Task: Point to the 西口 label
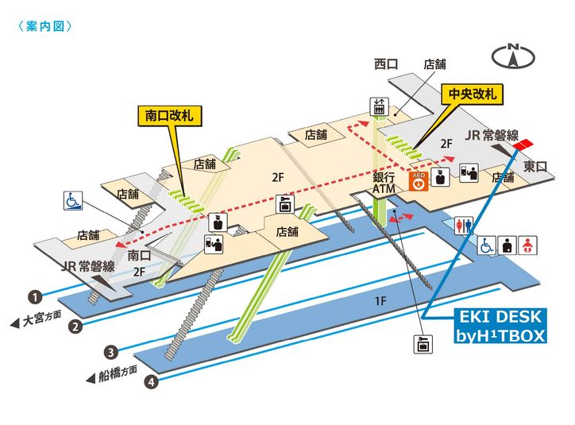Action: click(386, 64)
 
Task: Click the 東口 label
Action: click(536, 166)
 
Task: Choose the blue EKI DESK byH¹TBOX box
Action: click(501, 326)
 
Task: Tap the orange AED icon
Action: click(417, 181)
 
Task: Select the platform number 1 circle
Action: click(35, 298)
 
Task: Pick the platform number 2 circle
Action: click(75, 326)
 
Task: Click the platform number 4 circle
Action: click(151, 383)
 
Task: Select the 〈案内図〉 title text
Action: click(44, 26)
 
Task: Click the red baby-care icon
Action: click(528, 245)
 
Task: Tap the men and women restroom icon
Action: click(464, 226)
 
